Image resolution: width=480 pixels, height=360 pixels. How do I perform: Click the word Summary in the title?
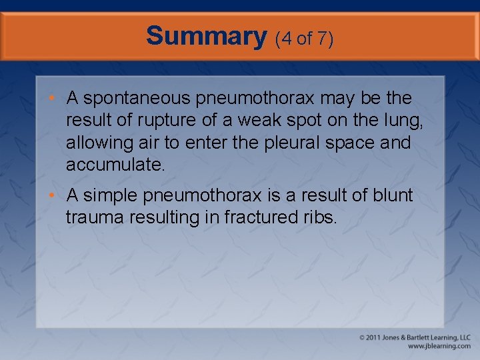click(205, 35)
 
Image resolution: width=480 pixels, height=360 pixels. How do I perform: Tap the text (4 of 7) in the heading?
click(304, 38)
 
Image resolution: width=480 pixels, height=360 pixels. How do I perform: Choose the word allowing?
click(93, 143)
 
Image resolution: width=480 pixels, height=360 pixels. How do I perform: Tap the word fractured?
click(259, 217)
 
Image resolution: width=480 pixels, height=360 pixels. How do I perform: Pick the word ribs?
click(319, 217)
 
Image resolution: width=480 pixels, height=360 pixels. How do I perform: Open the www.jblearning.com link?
click(439, 347)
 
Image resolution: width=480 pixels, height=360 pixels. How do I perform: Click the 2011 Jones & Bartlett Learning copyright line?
click(415, 338)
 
